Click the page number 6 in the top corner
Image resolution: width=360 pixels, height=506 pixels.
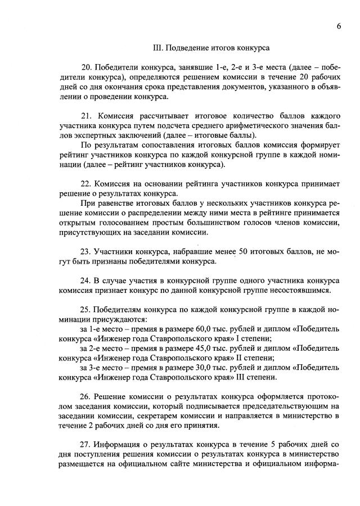pos(339,25)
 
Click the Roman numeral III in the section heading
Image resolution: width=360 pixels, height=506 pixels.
pos(159,48)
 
